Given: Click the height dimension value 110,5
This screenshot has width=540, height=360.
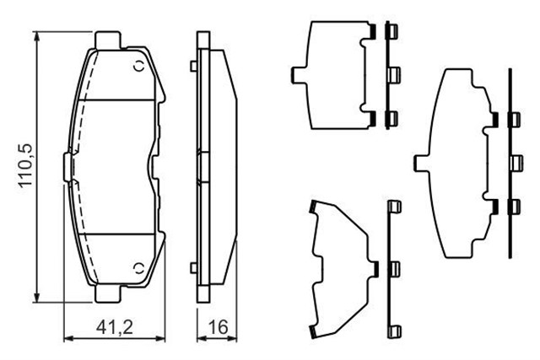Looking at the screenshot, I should tap(26, 165).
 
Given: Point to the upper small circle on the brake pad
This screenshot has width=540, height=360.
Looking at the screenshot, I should tap(138, 67).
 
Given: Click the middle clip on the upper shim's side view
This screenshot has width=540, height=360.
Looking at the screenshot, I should tap(391, 76).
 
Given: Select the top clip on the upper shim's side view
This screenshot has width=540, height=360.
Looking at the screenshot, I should tap(391, 34).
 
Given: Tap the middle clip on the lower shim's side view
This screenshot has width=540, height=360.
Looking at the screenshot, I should tap(391, 269).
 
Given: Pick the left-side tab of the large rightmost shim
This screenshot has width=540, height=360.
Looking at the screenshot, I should tap(419, 161).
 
